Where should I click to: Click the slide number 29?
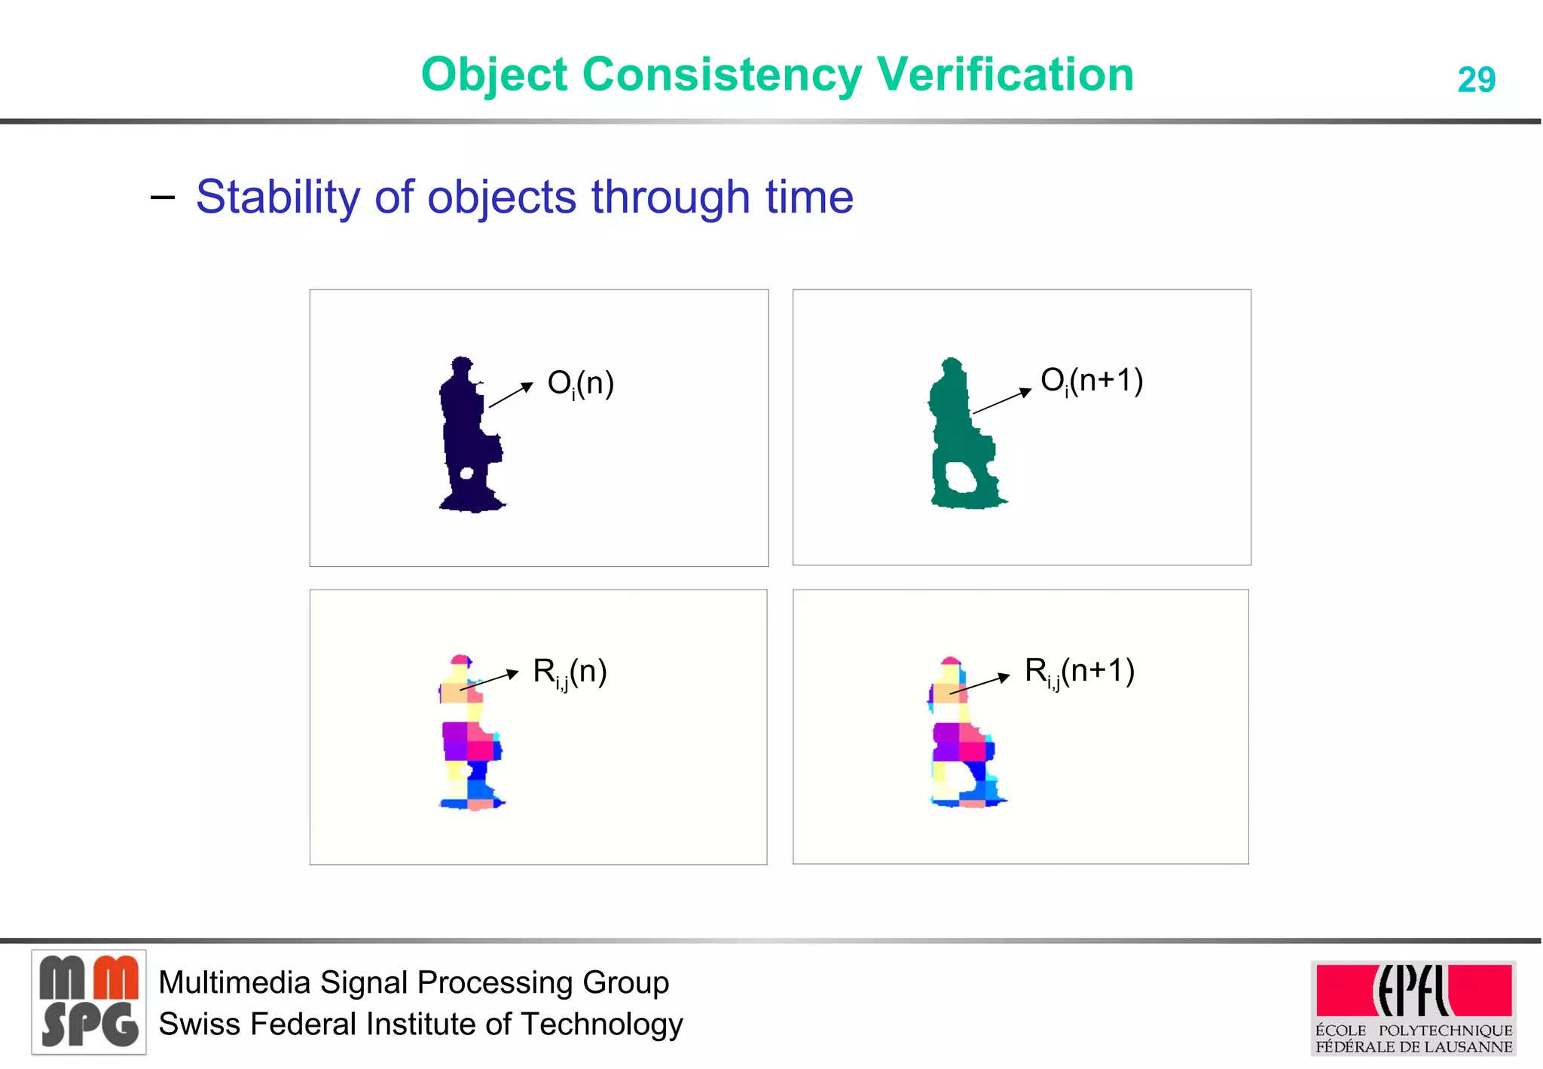(1476, 80)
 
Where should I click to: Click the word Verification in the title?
(1005, 75)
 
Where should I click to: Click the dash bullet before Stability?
(163, 198)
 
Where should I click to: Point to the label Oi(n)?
(580, 384)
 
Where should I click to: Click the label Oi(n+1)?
(1091, 381)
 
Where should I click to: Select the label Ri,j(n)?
(570, 672)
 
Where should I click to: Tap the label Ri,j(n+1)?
(1079, 671)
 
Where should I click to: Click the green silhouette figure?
(957, 422)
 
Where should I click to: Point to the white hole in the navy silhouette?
(466, 473)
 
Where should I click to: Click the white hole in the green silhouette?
(961, 477)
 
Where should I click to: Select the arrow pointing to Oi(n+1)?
(1002, 401)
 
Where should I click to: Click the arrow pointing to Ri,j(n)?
(490, 680)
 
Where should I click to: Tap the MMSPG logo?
(89, 1002)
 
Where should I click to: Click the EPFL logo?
(1413, 991)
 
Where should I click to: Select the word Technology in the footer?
(601, 1025)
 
